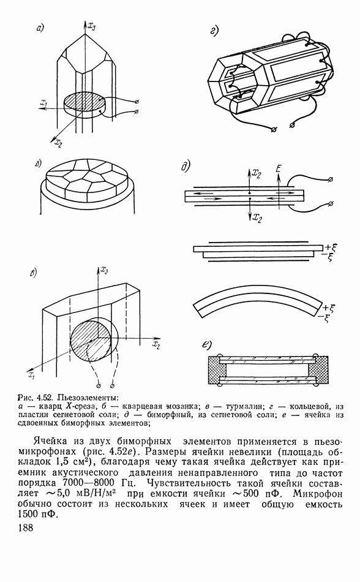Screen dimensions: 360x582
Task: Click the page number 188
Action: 26,527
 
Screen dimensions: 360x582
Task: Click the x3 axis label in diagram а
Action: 92,26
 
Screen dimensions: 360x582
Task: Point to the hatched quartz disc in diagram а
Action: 84,100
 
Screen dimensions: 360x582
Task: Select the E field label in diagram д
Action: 279,169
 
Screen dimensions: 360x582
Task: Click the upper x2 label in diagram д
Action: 257,173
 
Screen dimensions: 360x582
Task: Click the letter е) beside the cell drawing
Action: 206,344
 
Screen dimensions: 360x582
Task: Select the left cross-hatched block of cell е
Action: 216,371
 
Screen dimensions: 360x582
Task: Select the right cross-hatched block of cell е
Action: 318,371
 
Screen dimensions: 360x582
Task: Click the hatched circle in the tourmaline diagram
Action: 91,341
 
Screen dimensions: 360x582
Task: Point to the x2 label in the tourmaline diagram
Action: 156,345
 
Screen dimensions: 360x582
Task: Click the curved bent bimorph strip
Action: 258,293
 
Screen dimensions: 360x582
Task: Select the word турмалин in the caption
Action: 243,406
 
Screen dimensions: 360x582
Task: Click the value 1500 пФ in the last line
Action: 37,515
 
